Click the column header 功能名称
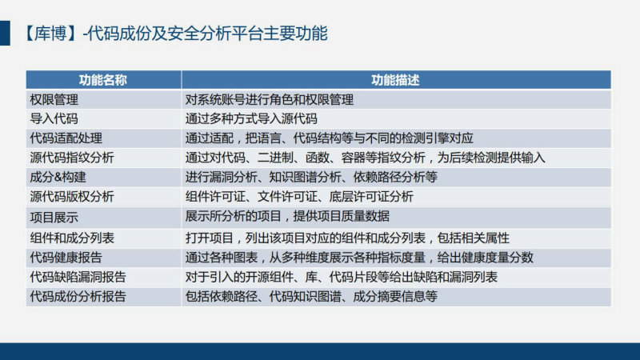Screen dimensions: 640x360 (103, 80)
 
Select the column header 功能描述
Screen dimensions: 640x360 (395, 80)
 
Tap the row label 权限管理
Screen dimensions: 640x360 (54, 99)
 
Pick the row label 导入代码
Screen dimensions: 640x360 (54, 118)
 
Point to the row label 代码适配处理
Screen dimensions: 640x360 (66, 138)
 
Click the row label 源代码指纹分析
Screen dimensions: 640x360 (72, 158)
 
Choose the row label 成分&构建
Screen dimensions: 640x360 (58, 177)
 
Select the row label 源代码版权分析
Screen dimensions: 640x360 (72, 197)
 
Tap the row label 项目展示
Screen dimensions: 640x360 (54, 218)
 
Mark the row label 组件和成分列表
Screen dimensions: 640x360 (72, 238)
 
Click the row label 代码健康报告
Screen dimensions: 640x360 (66, 258)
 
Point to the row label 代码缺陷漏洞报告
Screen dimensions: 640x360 (78, 277)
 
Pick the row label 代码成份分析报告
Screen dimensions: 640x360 (78, 296)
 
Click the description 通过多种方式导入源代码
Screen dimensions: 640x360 (251, 118)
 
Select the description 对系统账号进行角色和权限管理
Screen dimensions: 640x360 (270, 99)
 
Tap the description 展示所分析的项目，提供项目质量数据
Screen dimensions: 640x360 (287, 216)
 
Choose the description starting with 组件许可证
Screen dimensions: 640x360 (299, 197)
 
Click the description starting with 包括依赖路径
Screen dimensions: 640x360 (311, 296)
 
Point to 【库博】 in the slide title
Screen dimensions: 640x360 (50, 34)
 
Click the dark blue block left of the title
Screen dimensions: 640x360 (5, 33)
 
